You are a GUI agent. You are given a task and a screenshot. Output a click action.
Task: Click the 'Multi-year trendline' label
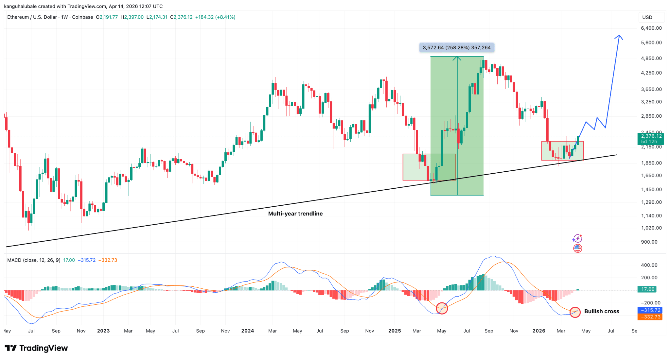pos(295,214)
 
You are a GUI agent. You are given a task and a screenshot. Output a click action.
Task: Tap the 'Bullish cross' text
pos(602,311)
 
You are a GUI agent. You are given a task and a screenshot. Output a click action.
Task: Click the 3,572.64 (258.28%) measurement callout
pos(457,48)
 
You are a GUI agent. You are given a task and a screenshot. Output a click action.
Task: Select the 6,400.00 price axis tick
pos(651,28)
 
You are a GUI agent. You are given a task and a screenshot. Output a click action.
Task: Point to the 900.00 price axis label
pos(649,242)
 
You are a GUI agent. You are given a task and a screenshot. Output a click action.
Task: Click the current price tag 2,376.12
pos(651,136)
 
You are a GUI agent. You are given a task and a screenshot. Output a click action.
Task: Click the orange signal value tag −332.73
pos(650,317)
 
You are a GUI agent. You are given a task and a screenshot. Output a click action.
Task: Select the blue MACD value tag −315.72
pos(650,310)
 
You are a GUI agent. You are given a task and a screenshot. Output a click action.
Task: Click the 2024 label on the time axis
pos(248,331)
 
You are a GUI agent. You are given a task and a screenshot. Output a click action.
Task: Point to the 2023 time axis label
pos(103,331)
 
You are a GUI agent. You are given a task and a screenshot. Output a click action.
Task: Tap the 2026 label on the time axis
pos(539,331)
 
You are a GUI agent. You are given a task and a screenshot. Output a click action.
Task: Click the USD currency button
pos(647,17)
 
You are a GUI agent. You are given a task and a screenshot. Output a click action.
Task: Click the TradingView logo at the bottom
pos(36,348)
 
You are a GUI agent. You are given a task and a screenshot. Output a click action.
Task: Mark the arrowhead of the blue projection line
pos(619,36)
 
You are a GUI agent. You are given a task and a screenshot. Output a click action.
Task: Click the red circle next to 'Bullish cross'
pos(575,312)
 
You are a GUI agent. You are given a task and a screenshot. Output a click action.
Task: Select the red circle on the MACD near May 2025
pos(442,308)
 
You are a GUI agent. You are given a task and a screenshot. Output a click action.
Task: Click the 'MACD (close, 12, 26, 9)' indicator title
pos(34,260)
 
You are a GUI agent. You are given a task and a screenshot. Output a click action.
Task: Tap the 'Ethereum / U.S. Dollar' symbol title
pos(32,17)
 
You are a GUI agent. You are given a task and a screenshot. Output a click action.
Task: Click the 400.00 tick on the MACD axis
pos(649,265)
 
